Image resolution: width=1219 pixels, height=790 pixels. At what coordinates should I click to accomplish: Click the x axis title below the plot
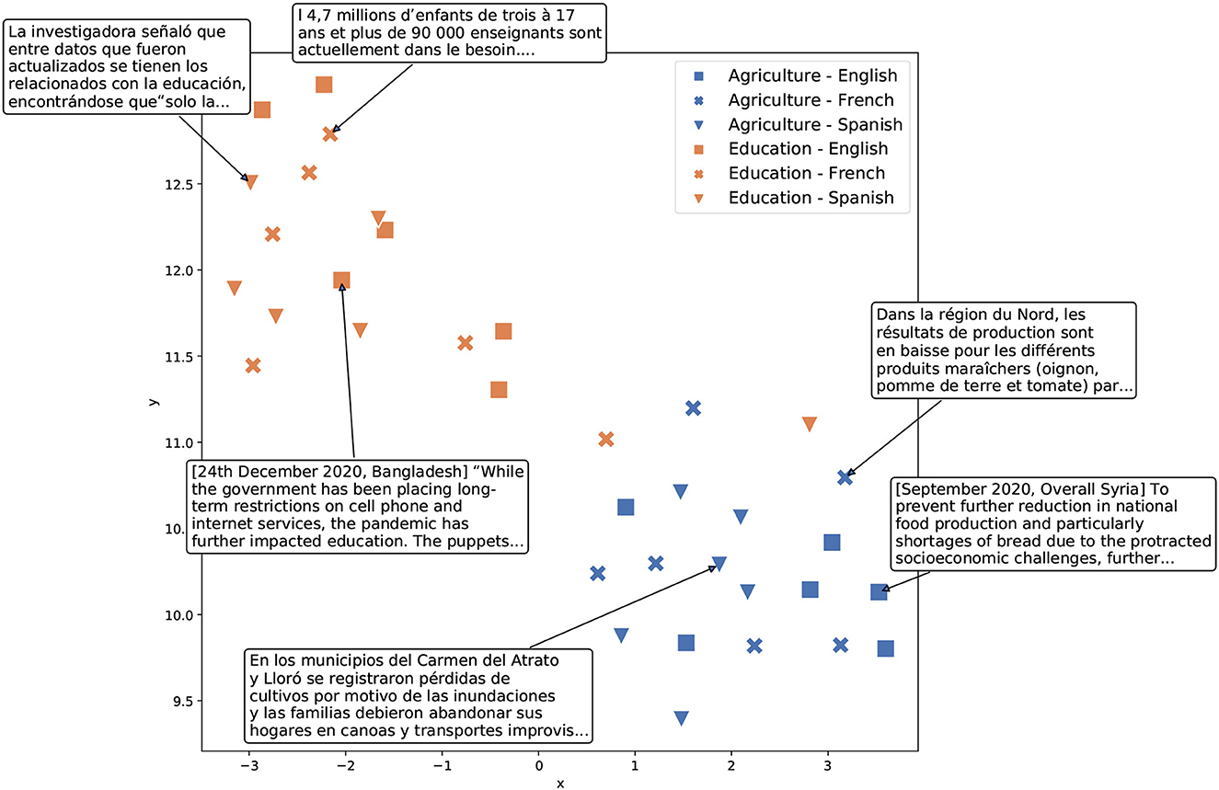pos(559,784)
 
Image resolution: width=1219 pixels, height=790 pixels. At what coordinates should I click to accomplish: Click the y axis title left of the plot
pos(154,401)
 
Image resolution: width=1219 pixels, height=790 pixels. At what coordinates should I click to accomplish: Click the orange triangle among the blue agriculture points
pos(810,424)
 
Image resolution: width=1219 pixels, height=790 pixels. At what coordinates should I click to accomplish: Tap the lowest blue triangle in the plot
pos(681,718)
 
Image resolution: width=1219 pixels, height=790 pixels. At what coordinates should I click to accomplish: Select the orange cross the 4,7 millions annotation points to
pos(330,134)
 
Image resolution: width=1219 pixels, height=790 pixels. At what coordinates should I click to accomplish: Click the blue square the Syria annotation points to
pos(879,592)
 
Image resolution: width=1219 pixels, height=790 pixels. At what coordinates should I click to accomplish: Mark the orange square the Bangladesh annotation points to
pos(341,281)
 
